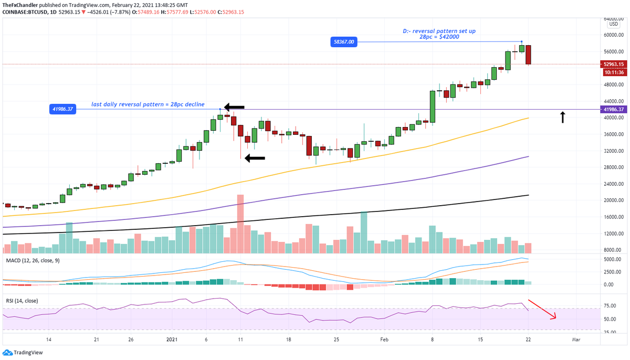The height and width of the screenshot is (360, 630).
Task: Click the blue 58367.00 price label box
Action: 343,42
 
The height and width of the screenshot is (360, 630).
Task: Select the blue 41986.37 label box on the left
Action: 62,109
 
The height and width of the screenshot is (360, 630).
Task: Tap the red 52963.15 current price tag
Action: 614,65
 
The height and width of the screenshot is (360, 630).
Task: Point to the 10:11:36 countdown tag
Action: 614,72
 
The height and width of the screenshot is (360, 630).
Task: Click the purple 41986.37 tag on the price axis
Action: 614,110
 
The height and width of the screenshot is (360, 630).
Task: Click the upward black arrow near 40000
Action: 562,117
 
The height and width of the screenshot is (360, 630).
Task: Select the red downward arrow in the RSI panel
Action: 542,309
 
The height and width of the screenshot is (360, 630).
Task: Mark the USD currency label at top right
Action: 613,24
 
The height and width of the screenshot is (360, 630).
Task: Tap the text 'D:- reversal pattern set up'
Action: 439,31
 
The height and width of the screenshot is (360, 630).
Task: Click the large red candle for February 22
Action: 528,55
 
